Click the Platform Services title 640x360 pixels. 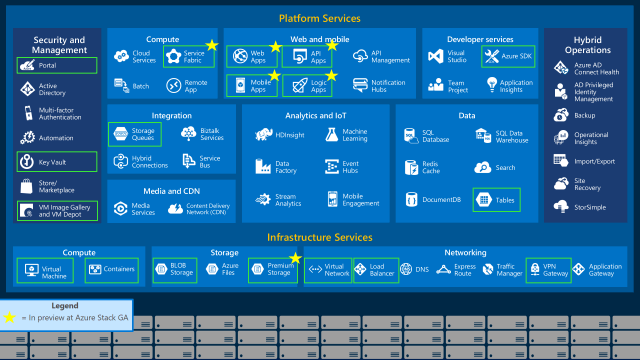[x=319, y=18]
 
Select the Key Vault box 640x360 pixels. [x=56, y=161]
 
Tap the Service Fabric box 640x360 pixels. [x=184, y=58]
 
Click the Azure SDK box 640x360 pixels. [x=508, y=56]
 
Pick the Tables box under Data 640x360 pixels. [x=496, y=199]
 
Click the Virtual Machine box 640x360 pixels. [x=45, y=270]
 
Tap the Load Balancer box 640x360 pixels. [x=375, y=269]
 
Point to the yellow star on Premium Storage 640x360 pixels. [x=295, y=259]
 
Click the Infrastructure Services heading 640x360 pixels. [x=319, y=237]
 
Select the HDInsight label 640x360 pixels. [x=289, y=134]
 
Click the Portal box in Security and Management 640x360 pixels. [x=56, y=65]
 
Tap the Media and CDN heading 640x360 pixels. [x=157, y=190]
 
